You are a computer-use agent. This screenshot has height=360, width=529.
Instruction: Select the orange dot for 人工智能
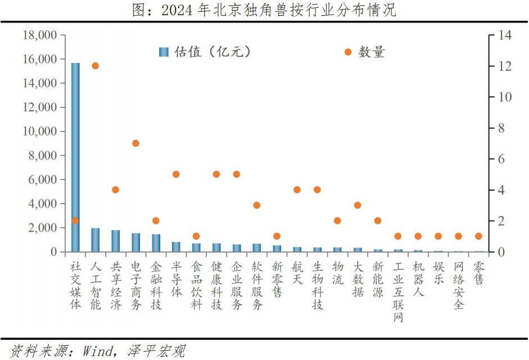click(x=96, y=66)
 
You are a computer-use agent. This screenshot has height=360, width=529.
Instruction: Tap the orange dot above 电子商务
click(x=135, y=143)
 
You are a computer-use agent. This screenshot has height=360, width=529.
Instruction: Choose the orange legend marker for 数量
click(x=348, y=52)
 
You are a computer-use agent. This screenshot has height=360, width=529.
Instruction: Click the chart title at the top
click(x=264, y=10)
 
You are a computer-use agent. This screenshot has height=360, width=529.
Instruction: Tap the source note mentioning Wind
click(x=98, y=352)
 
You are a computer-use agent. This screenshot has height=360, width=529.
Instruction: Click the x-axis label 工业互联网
click(x=398, y=291)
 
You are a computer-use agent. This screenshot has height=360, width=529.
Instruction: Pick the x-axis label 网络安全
click(x=459, y=285)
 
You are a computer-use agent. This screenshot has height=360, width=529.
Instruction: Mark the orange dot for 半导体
click(x=176, y=174)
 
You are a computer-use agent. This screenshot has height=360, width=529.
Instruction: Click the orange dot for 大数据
click(x=358, y=205)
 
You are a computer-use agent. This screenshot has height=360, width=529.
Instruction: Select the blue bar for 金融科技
click(x=156, y=243)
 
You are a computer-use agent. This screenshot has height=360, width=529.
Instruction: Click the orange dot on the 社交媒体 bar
click(x=75, y=220)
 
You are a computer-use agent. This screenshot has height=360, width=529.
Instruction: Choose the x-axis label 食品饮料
click(x=196, y=285)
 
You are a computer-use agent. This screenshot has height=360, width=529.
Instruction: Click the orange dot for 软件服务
click(x=257, y=205)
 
